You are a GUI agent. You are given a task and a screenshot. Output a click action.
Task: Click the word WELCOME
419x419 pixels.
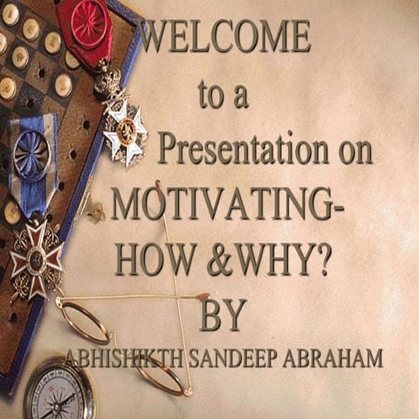[x=225, y=37]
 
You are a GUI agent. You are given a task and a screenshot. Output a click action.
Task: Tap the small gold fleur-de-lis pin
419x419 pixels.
[x=94, y=210]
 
